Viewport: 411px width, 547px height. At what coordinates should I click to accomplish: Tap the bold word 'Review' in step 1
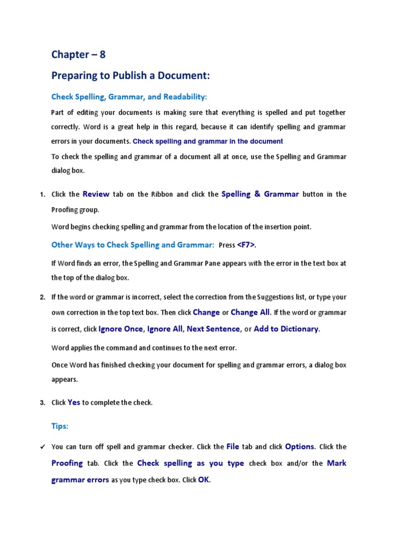[x=96, y=194]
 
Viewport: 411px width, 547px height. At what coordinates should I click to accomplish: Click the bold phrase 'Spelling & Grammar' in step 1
[x=260, y=194]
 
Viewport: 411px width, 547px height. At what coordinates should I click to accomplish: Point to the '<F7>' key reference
[x=246, y=245]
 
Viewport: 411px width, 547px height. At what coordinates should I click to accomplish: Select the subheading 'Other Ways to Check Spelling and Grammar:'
[x=133, y=245]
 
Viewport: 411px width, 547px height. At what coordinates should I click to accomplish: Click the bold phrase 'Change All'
[x=251, y=312]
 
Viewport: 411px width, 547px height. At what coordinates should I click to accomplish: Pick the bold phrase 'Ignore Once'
[x=120, y=329]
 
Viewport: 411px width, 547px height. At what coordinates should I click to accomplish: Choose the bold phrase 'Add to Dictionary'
[x=286, y=329]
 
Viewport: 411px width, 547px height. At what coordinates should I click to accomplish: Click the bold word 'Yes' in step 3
[x=74, y=402]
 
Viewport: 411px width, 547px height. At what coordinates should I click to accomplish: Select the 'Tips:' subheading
[x=60, y=426]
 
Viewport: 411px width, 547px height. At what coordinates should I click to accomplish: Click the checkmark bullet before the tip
[x=42, y=447]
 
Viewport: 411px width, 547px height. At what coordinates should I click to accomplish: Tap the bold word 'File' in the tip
[x=233, y=447]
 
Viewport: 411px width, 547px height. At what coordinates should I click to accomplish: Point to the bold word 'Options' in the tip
[x=300, y=447]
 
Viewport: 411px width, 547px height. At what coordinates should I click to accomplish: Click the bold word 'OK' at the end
[x=203, y=480]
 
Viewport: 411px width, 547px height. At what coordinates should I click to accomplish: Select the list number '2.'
[x=42, y=297]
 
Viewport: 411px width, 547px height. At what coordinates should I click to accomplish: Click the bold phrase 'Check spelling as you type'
[x=191, y=463]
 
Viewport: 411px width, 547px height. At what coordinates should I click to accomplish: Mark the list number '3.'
[x=42, y=403]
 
